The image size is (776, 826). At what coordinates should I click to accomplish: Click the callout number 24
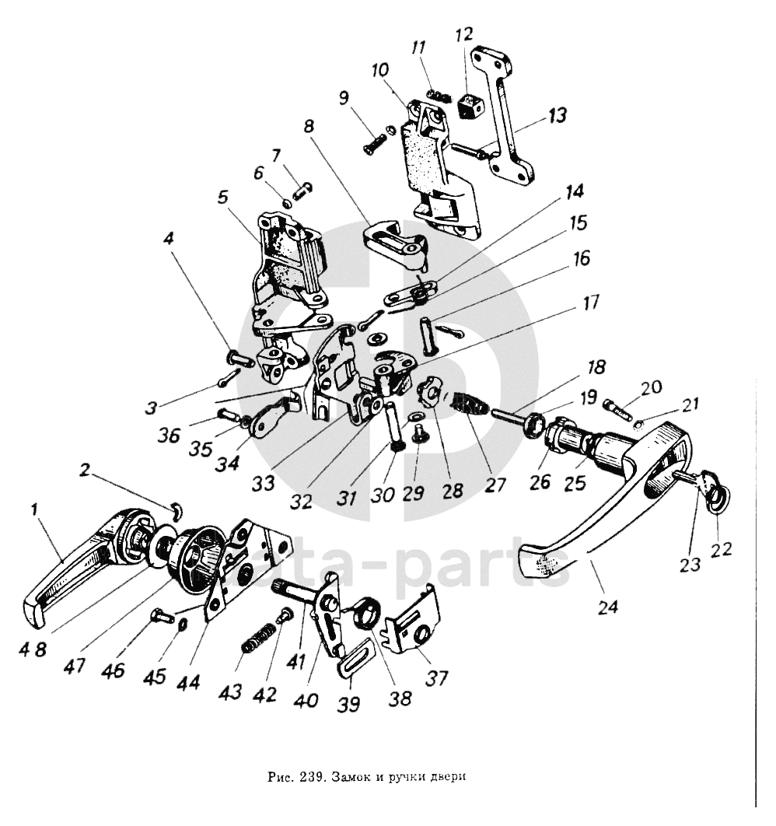tap(609, 606)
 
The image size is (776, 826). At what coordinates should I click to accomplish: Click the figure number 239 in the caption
tap(310, 775)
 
